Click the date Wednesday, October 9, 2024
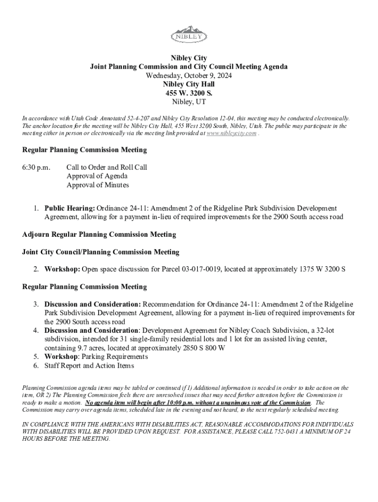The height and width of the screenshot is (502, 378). pos(189,75)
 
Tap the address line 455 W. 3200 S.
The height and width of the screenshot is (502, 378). pos(189,93)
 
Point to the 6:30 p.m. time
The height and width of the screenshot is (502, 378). pos(36,167)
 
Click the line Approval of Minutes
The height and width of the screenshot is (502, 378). pos(98,185)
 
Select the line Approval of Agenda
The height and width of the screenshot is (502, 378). pos(97,176)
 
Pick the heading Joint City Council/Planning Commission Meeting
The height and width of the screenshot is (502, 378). pos(101,252)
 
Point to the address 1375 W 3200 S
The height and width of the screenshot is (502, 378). pos(323,269)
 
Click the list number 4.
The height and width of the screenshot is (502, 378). pos(36,330)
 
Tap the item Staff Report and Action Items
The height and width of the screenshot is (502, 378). pos(89,365)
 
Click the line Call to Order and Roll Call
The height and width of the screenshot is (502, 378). pos(107,167)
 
